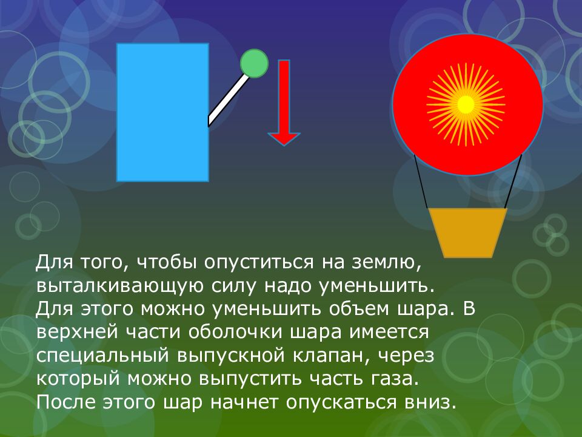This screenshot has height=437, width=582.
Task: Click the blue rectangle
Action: click(x=162, y=112)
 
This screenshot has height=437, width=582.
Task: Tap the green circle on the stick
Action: click(x=254, y=63)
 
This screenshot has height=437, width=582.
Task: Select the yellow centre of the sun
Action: click(x=466, y=104)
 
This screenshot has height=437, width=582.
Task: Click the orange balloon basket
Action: click(x=467, y=231)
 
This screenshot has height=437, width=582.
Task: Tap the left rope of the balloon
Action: click(x=421, y=181)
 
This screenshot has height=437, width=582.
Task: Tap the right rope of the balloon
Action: click(x=513, y=181)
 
